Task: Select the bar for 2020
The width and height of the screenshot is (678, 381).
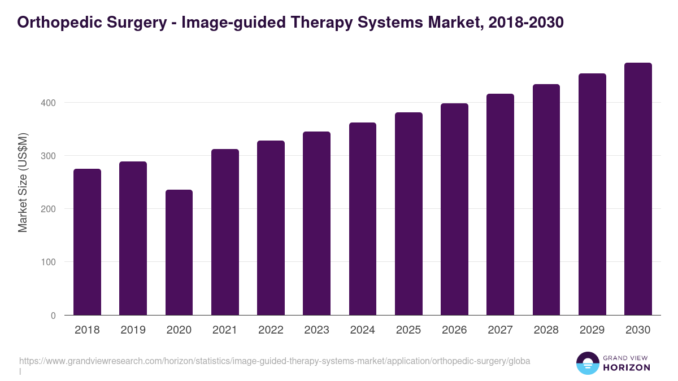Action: coord(179,252)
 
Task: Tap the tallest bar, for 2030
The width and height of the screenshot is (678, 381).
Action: coord(638,189)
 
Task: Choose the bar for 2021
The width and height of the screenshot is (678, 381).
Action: coord(225,232)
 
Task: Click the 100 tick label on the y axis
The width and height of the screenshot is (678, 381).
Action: coord(49,262)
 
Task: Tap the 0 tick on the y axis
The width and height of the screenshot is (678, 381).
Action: coord(53,316)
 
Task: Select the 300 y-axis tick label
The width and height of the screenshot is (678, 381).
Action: coord(49,156)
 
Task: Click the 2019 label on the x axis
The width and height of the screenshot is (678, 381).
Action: coord(133,330)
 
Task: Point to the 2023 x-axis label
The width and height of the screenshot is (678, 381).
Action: coord(316,330)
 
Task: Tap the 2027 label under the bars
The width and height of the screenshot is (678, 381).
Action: coord(500,330)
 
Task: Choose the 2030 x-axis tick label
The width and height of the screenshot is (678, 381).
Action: coord(638,330)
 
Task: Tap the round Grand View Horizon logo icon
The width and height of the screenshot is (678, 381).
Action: coord(588,363)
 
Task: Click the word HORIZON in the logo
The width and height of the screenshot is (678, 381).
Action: coord(627,367)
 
